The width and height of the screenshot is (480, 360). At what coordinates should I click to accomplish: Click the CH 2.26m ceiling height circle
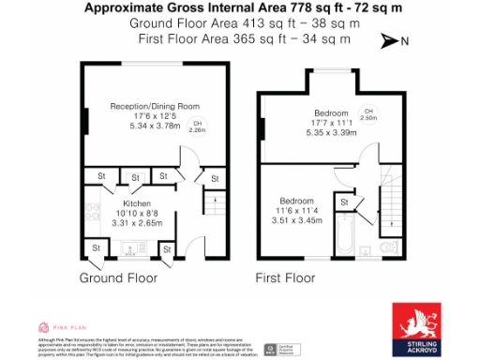click(x=197, y=127)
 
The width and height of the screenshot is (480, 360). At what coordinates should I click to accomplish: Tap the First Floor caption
click(x=285, y=278)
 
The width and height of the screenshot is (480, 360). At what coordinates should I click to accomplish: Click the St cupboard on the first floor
click(x=344, y=202)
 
